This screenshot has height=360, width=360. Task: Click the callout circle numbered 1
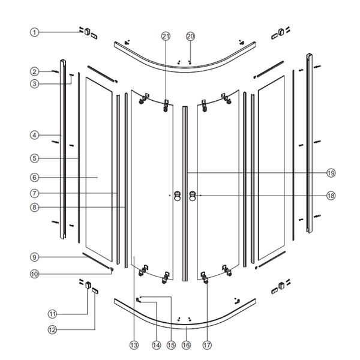point(35,32)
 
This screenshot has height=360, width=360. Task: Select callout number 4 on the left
point(35,135)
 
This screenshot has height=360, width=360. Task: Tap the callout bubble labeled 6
point(35,178)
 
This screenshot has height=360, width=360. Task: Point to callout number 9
point(35,257)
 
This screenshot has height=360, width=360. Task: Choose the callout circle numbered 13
point(133,345)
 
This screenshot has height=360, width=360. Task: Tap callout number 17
point(207,345)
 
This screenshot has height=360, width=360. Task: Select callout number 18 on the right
point(331,195)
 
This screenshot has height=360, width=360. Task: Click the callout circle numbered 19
point(331,173)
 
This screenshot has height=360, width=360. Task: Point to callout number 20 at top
point(190,36)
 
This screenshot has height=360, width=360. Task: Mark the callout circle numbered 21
point(166,36)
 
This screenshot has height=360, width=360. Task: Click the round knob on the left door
point(177,195)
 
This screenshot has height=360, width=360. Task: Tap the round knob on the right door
point(192,195)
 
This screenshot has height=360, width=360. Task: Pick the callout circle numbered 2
point(35,71)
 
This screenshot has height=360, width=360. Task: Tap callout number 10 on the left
point(35,274)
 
